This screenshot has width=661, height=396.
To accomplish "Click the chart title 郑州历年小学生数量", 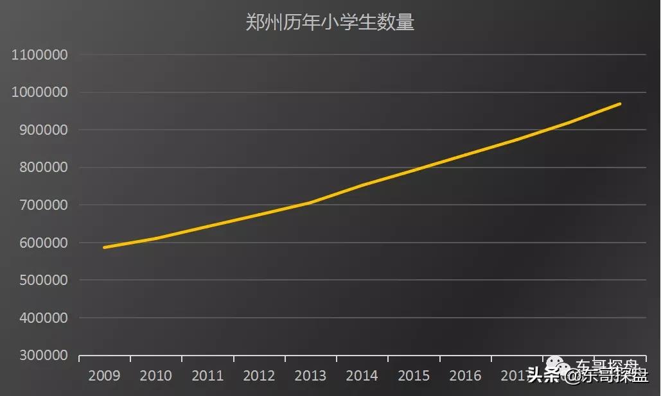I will tap(330, 22).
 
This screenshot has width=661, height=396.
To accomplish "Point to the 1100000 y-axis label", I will tap(40, 55).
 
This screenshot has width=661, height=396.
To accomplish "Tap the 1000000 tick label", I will tap(40, 92).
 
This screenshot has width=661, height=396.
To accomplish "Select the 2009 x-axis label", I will tap(104, 375).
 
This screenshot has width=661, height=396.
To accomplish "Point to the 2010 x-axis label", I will tap(155, 375).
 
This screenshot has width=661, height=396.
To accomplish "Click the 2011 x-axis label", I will tap(207, 375).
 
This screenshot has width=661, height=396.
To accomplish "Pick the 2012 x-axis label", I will tap(258, 375).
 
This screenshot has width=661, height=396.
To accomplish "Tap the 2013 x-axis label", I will tap(310, 375).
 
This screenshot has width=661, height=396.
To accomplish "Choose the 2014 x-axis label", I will tap(362, 375).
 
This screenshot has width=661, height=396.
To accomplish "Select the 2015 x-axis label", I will tap(413, 375).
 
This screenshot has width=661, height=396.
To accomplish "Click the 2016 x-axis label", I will tap(465, 375).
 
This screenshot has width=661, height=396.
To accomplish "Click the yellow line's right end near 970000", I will tap(619, 104).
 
